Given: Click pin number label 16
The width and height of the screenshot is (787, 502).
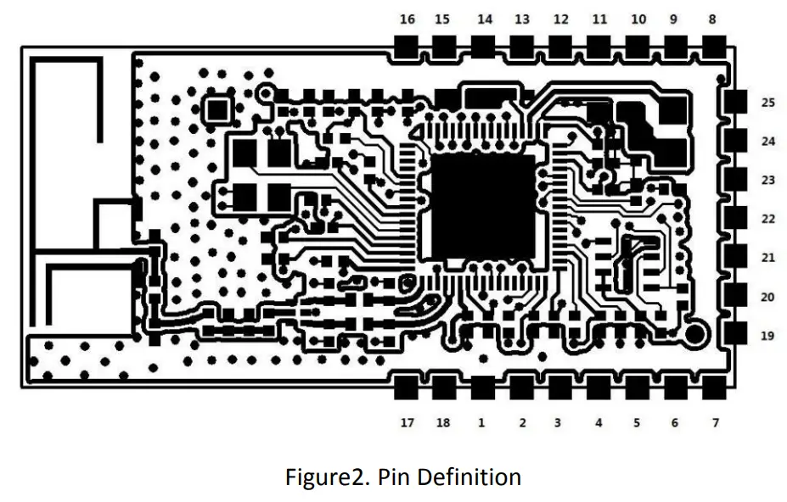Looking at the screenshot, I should point(408,20).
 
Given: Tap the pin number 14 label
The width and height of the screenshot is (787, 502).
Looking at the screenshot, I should point(485,20).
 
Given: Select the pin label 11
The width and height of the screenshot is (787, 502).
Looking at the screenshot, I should point(599,20).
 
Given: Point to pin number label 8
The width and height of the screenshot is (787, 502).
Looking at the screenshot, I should point(711,20).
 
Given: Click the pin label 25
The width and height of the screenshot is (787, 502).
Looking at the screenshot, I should point(767,103).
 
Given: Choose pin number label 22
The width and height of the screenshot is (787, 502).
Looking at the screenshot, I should point(767,219).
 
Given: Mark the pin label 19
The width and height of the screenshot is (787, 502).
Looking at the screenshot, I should point(767,336).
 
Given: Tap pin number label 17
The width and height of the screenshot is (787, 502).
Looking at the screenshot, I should point(408,422).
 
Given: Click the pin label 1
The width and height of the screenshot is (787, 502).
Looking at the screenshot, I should point(481,422).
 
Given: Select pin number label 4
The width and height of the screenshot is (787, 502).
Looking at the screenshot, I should point(599,422).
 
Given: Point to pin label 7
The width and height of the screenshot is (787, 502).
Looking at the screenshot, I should point(716,422).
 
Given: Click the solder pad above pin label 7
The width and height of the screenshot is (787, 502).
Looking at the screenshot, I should point(716,388).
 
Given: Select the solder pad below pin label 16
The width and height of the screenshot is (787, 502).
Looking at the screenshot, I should point(408,47).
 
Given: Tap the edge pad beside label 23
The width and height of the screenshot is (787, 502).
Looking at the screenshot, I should point(736,181).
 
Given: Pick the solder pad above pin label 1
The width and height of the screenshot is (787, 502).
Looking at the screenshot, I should point(482,388).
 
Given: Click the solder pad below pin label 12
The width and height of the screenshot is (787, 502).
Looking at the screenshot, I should point(560,47).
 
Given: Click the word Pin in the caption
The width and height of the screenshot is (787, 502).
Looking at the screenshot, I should point(394,477).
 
